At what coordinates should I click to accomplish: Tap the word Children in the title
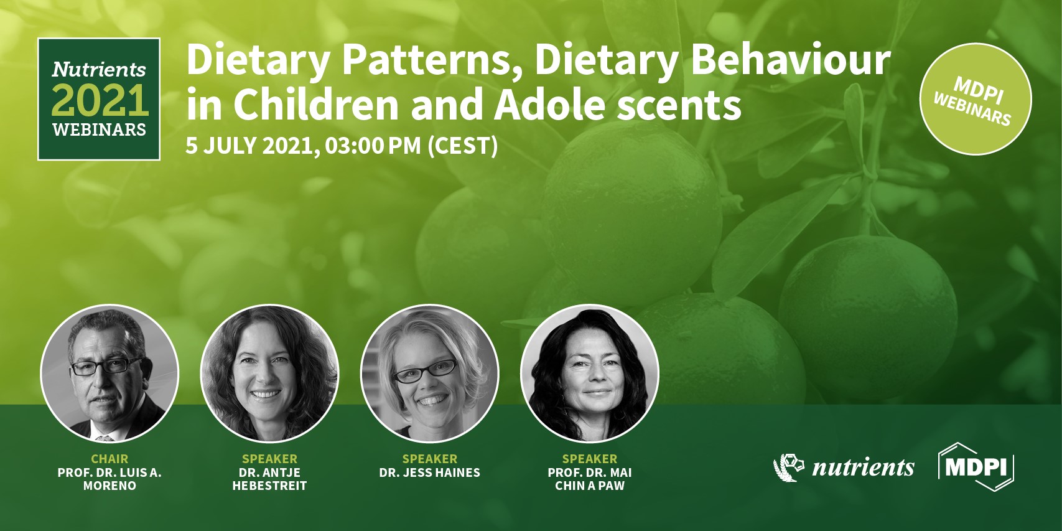tap(315, 105)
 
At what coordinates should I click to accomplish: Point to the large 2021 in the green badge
tap(100, 100)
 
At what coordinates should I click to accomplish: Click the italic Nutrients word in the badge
tap(99, 69)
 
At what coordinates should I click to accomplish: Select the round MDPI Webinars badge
tap(975, 100)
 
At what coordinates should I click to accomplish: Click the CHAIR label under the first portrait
tap(109, 459)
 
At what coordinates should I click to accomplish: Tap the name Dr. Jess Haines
tap(429, 472)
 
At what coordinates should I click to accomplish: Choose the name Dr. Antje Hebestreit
tap(269, 479)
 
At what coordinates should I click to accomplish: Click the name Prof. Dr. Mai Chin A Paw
tap(589, 479)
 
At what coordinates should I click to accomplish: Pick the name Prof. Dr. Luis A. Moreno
tap(109, 479)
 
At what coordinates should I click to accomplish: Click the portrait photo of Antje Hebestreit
tap(269, 374)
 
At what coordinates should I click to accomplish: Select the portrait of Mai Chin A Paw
tap(589, 374)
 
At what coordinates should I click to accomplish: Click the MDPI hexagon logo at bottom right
tap(976, 467)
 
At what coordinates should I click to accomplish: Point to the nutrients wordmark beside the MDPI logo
tap(863, 467)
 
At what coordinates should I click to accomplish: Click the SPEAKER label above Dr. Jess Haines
tap(429, 459)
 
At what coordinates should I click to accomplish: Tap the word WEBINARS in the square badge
tap(99, 130)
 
